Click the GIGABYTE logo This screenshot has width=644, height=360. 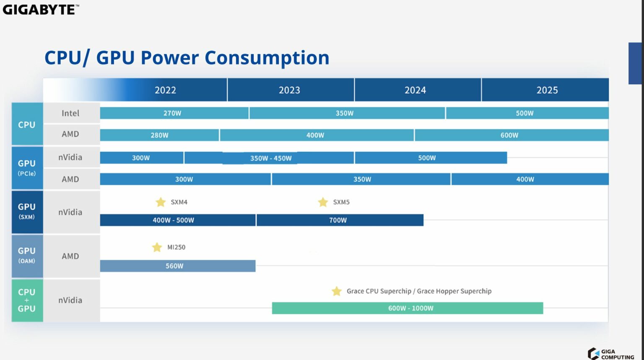click(41, 9)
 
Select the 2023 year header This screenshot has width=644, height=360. click(290, 90)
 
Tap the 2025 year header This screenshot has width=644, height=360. click(547, 90)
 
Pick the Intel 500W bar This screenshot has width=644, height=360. click(527, 113)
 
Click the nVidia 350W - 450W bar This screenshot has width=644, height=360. click(269, 158)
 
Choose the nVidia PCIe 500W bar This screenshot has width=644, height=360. click(431, 158)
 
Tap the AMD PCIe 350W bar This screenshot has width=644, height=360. click(361, 179)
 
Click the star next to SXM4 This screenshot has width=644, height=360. click(161, 202)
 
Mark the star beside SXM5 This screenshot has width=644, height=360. click(323, 202)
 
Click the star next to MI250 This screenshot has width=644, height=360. click(157, 247)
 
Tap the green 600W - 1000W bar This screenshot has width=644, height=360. click(407, 308)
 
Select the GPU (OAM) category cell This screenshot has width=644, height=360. click(27, 255)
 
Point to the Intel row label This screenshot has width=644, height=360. click(70, 113)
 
